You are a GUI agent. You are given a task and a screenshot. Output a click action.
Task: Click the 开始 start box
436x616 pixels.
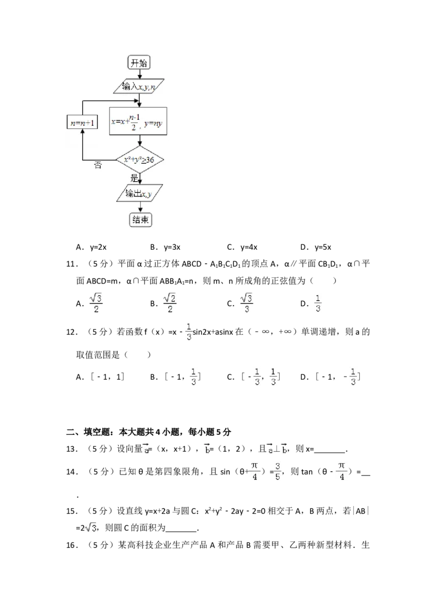(x=139, y=63)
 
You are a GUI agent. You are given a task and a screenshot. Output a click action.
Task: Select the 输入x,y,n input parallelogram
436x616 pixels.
(x=140, y=86)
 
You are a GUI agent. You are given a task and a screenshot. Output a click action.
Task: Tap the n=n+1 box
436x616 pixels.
(x=82, y=122)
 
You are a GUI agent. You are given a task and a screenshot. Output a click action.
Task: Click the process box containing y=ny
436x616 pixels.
(x=138, y=122)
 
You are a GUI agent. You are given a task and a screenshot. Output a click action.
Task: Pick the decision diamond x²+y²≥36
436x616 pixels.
(x=140, y=160)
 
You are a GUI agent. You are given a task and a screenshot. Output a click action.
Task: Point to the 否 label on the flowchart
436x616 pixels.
(x=98, y=165)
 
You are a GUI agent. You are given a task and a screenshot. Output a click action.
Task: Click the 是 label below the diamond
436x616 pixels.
(x=134, y=178)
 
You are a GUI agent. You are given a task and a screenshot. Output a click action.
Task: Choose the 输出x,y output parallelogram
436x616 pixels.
(x=140, y=194)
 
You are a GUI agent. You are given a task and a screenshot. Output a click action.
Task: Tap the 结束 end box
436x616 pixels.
(x=140, y=220)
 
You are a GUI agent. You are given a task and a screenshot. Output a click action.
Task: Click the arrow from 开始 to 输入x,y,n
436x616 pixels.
(x=140, y=75)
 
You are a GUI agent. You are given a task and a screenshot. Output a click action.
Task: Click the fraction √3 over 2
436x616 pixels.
(x=96, y=303)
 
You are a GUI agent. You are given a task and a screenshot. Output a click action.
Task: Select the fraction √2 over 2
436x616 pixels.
(x=170, y=303)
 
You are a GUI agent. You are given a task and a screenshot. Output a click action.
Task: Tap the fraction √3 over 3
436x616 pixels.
(x=248, y=303)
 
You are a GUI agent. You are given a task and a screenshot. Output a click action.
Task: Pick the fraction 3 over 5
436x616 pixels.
(x=277, y=471)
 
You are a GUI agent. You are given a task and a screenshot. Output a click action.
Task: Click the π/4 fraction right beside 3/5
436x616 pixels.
(x=253, y=471)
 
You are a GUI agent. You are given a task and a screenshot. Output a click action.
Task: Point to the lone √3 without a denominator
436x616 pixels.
(x=91, y=527)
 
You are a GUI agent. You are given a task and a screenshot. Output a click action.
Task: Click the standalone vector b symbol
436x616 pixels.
(x=207, y=448)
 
